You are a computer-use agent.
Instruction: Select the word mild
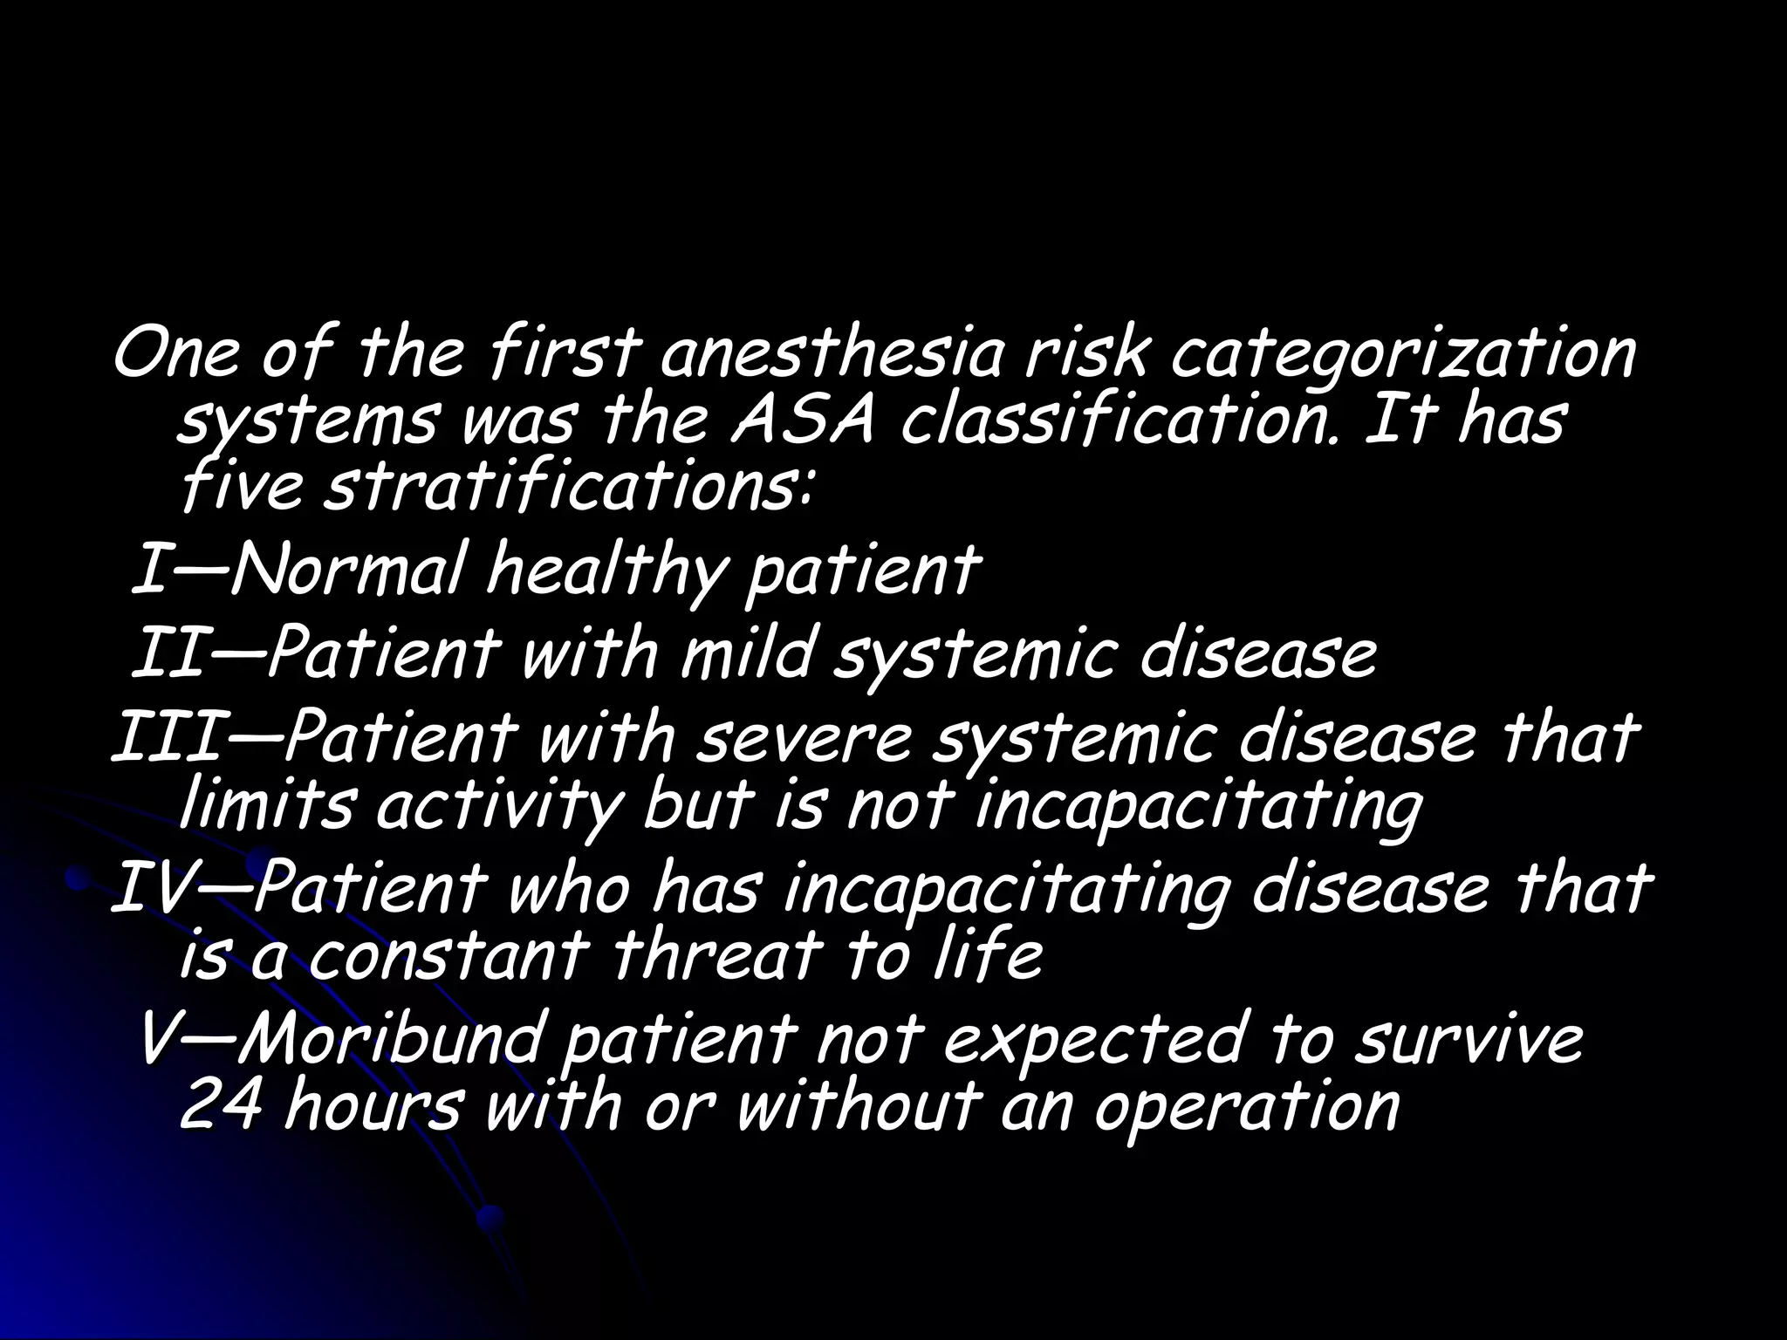(747, 656)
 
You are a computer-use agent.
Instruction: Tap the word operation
(1248, 1108)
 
